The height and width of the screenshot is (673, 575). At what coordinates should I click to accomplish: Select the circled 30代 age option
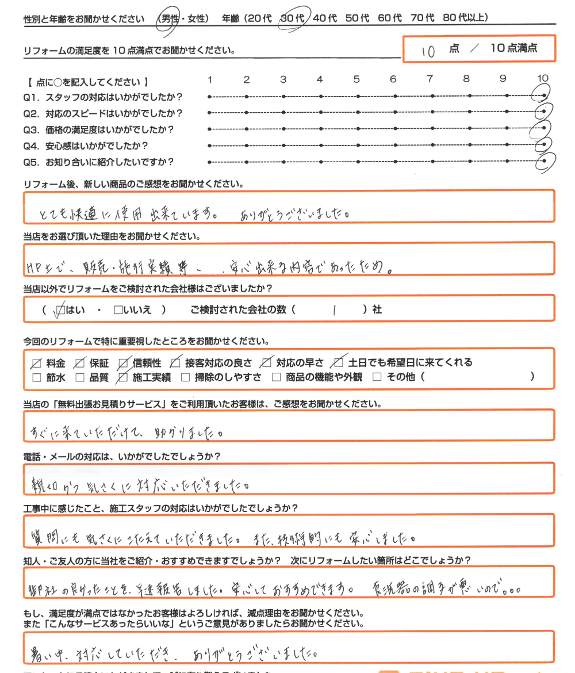[x=294, y=18]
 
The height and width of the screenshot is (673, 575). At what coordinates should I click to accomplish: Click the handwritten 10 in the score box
[x=427, y=51]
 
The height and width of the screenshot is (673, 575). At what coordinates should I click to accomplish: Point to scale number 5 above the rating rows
[x=356, y=79]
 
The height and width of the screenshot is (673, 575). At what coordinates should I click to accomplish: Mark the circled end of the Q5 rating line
[x=544, y=162]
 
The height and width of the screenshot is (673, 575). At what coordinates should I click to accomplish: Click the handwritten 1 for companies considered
[x=333, y=310]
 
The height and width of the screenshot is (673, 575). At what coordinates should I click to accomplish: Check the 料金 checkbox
[x=37, y=363]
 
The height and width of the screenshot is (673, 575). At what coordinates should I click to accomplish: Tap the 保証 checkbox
[x=80, y=363]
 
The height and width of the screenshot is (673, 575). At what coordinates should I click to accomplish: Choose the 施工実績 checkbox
[x=122, y=378]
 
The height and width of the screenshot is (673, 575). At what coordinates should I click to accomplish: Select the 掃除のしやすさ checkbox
[x=185, y=378]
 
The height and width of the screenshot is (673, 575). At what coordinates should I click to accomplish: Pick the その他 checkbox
[x=377, y=378]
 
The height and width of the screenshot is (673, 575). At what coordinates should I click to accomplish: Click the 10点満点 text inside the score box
[x=513, y=48]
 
